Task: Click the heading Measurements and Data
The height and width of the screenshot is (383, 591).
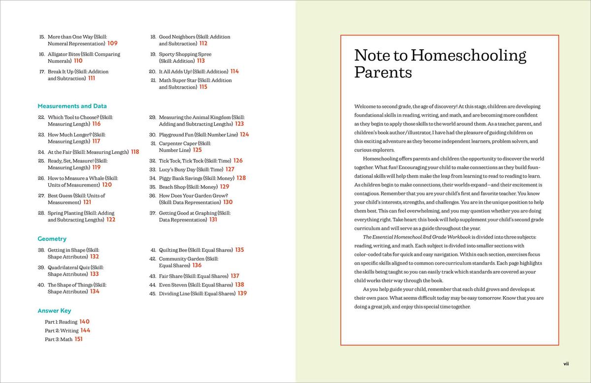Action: [x=72, y=106]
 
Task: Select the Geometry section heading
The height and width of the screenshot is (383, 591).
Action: [x=52, y=239]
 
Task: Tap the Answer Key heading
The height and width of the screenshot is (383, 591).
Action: [x=54, y=311]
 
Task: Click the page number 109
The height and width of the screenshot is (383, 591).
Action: [x=112, y=43]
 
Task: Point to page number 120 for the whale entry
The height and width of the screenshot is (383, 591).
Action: [x=107, y=185]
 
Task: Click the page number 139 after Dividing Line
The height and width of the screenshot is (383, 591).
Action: [x=242, y=293]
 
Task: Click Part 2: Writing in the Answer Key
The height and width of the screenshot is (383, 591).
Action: [x=62, y=331]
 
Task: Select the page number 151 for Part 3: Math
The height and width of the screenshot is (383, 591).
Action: [x=79, y=339]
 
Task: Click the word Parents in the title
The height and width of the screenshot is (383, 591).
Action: [x=383, y=72]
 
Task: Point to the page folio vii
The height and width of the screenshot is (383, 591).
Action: [x=566, y=364]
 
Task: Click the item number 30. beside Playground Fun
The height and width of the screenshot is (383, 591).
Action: [x=153, y=135]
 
